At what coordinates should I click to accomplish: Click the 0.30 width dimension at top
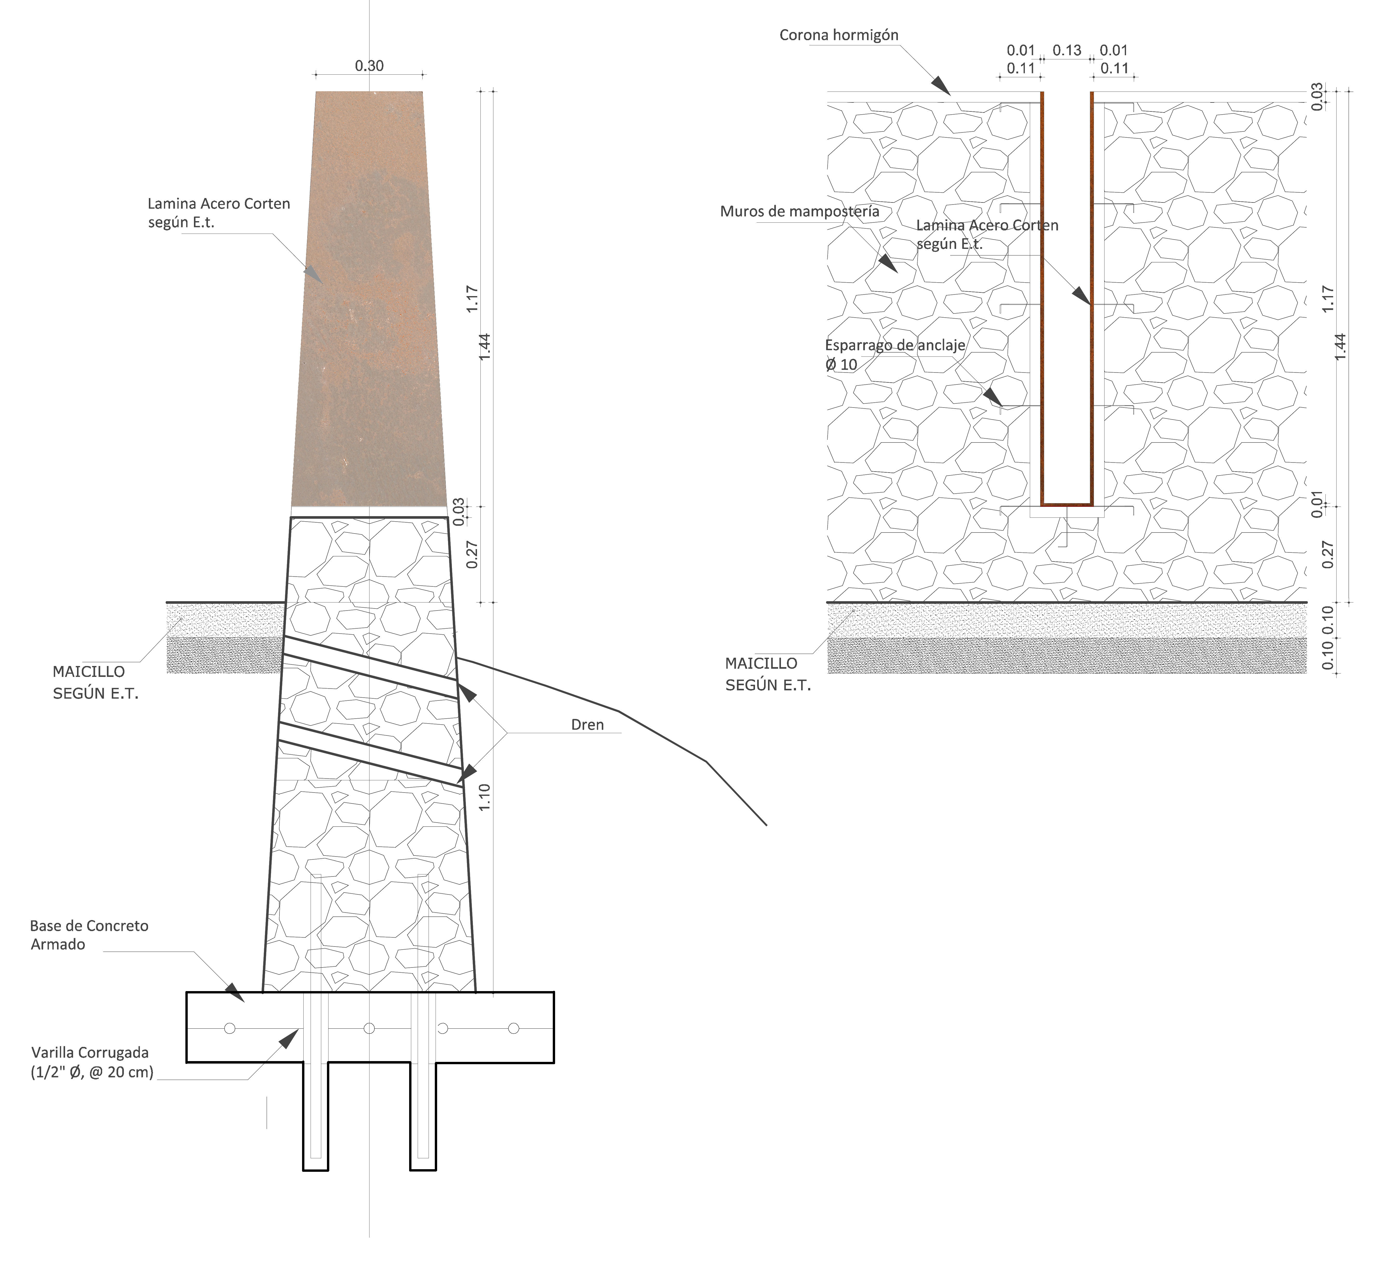pos(369,66)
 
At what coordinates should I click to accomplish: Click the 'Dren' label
pos(587,725)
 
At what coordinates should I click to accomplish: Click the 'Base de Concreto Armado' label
pos(89,935)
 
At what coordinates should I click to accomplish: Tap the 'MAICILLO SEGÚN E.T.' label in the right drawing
pos(768,674)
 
